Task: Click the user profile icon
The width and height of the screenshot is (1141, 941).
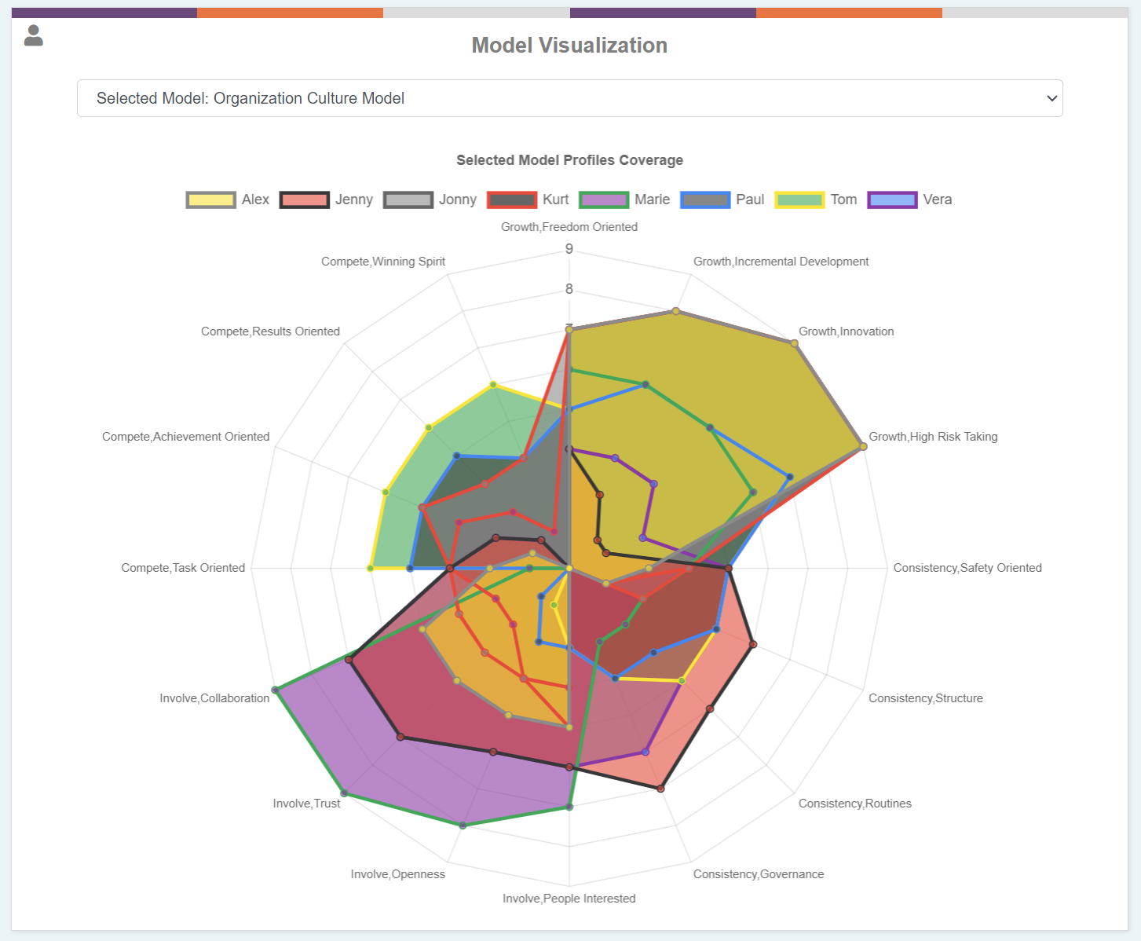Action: coord(33,35)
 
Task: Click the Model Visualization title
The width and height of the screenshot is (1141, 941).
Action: coord(569,46)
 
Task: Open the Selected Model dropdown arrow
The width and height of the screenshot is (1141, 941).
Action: coord(1051,98)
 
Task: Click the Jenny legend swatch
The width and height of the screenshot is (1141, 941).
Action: coord(304,200)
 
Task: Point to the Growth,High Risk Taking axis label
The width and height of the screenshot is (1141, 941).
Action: coord(933,437)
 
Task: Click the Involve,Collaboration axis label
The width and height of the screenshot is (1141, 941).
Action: coord(214,698)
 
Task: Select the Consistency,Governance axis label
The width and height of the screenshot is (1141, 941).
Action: coord(758,874)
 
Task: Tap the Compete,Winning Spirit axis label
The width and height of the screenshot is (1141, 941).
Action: coord(383,262)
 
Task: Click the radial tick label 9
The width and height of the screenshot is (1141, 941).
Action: coord(569,249)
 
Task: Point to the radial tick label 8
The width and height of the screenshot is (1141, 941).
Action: coord(569,289)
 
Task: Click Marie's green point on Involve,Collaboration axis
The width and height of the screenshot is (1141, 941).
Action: coord(276,690)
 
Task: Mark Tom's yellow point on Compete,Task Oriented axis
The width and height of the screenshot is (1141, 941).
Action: coord(370,568)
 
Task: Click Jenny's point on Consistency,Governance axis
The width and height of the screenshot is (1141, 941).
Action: coord(661,788)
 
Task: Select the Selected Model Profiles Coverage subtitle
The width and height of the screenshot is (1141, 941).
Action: coord(569,160)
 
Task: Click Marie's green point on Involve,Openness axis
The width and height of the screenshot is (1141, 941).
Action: coord(463,826)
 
